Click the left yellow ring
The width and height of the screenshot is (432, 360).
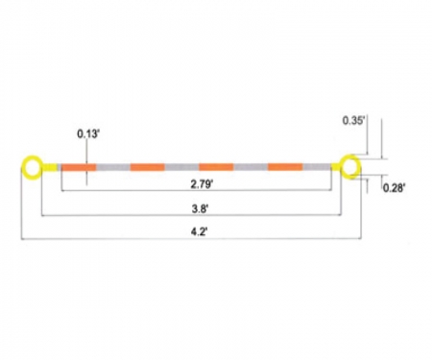click(33, 169)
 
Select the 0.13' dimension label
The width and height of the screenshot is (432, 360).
click(88, 135)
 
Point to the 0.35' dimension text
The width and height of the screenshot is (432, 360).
click(353, 121)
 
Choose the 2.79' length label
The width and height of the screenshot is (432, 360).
click(199, 181)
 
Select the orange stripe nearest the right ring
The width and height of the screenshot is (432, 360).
click(285, 168)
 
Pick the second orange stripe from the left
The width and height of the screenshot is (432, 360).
click(147, 168)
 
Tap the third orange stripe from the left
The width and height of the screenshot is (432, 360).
click(216, 168)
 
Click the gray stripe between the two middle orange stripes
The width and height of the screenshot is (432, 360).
click(181, 168)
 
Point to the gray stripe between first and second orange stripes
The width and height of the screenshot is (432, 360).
click(113, 168)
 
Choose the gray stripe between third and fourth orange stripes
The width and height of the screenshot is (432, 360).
click(251, 168)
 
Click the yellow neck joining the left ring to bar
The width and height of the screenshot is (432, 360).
click(51, 168)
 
